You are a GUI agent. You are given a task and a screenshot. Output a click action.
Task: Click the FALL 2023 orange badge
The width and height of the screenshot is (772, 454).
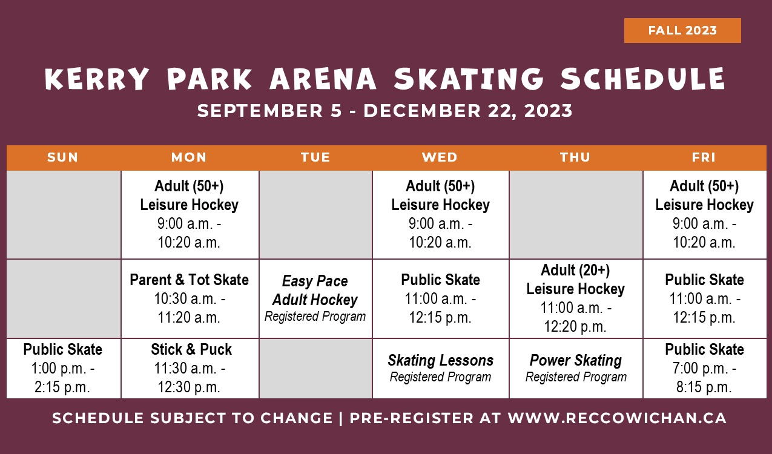click(x=682, y=31)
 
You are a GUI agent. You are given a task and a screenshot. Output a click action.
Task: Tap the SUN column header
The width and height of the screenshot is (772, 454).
click(x=63, y=157)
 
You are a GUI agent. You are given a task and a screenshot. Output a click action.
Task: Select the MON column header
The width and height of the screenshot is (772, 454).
click(x=189, y=157)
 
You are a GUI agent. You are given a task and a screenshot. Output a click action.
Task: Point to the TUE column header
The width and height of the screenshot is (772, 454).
click(x=315, y=157)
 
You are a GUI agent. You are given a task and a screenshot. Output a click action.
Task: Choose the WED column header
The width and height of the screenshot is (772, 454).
click(x=440, y=157)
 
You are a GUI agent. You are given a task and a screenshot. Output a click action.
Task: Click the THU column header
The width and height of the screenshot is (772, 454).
click(x=575, y=157)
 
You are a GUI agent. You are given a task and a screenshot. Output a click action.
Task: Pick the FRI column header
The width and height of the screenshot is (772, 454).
click(x=704, y=157)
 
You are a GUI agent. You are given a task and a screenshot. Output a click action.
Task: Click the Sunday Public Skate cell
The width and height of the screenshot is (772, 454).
click(x=63, y=368)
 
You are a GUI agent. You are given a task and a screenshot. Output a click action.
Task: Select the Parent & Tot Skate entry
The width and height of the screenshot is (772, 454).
click(x=190, y=298)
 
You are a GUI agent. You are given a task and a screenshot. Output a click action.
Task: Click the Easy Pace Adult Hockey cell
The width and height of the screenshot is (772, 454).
click(x=315, y=298)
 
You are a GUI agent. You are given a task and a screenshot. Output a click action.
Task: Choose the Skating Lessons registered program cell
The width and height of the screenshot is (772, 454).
click(x=440, y=368)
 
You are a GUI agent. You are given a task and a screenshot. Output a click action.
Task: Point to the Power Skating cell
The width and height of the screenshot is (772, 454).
click(x=576, y=368)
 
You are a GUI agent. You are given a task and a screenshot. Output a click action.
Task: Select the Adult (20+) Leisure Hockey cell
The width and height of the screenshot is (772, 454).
click(x=575, y=298)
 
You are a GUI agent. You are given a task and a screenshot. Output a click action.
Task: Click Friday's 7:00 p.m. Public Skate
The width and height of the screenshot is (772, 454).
click(x=704, y=368)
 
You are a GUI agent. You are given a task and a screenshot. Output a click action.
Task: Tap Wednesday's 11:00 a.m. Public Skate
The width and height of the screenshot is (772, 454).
click(x=440, y=298)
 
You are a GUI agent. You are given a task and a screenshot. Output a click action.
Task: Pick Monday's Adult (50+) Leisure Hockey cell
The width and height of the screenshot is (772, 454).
click(x=190, y=214)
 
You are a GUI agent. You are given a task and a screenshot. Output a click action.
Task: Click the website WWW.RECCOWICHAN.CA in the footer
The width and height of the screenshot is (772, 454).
click(x=617, y=418)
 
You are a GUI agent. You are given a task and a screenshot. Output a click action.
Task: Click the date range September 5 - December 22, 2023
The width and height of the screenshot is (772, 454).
click(x=385, y=111)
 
